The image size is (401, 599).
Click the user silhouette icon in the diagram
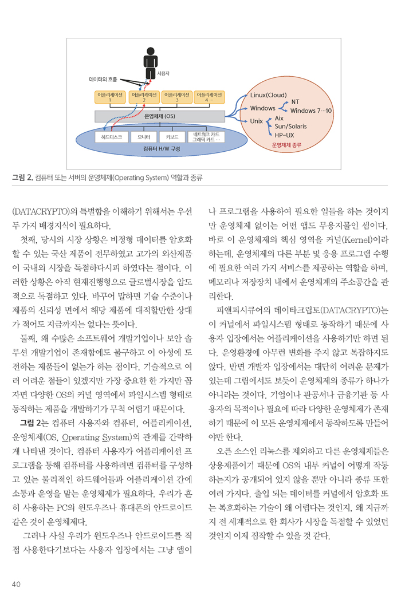point(150,63)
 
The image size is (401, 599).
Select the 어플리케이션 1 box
point(110,97)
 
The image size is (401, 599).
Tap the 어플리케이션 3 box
point(177,97)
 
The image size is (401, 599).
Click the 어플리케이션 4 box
point(209,97)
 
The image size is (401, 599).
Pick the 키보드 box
point(172,137)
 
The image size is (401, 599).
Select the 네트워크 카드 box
point(206,137)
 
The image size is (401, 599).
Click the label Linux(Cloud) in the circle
point(269,95)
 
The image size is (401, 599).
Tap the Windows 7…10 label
point(311,111)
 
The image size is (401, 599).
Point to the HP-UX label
point(285,135)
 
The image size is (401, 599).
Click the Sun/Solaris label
point(294,126)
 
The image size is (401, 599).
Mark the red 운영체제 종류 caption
point(286,145)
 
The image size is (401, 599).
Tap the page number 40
point(16,584)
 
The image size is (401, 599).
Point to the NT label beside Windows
point(288,102)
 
